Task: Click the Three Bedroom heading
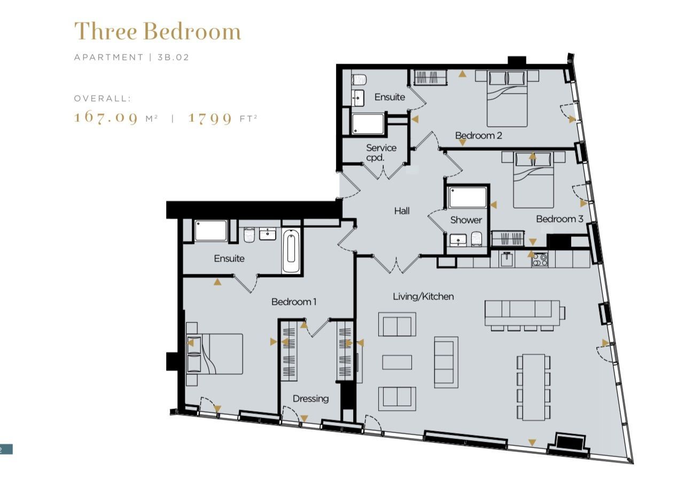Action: [x=158, y=31]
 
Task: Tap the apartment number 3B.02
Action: [x=173, y=57]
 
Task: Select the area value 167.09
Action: [x=106, y=118]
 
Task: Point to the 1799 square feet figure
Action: [x=210, y=118]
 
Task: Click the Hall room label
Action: [x=401, y=211]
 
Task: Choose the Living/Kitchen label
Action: [x=423, y=296]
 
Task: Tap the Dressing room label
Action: [x=310, y=398]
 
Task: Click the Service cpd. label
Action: [x=381, y=153]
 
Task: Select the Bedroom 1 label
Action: [x=294, y=302]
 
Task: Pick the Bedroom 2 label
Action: [x=478, y=135]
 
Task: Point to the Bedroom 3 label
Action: [x=559, y=219]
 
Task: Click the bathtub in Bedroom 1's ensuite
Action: [x=291, y=251]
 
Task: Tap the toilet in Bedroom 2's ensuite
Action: [x=359, y=80]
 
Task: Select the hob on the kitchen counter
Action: [x=540, y=260]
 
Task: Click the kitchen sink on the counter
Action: [x=508, y=259]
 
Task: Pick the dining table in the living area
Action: [x=534, y=387]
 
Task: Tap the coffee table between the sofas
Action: [x=397, y=362]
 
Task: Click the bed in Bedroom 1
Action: [x=214, y=354]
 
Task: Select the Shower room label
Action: [x=466, y=220]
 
